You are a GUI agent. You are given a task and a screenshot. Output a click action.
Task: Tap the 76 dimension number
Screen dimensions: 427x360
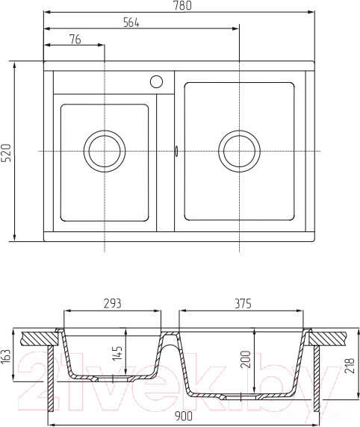coord(75,39)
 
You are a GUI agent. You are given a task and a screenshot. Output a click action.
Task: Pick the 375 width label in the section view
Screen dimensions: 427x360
coord(243,304)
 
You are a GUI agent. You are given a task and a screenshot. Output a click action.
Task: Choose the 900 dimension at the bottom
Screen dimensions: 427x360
coord(181,415)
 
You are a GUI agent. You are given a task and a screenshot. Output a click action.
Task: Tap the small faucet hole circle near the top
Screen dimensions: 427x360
coord(157,81)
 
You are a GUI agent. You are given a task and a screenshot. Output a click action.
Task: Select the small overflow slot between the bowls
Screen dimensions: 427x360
coord(176,151)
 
